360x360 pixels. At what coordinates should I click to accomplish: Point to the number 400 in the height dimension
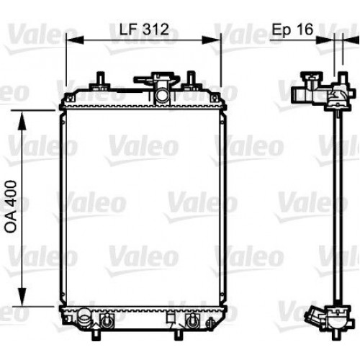[x=11, y=190]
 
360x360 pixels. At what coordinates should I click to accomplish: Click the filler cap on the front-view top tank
[x=163, y=78]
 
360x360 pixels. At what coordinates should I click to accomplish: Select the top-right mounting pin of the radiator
[x=191, y=78]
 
